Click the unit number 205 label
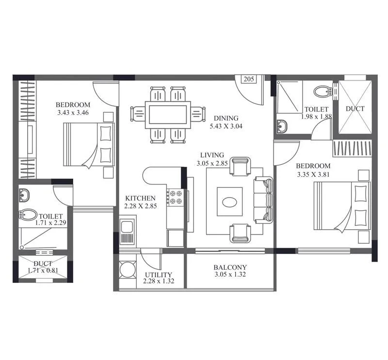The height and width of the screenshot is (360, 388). point(249,79)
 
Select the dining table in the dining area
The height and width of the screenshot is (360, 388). point(168,115)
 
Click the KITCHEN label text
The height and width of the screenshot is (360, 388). point(140,198)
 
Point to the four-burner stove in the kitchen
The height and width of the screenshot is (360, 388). point(175,198)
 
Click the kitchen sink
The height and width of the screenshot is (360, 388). point(128,232)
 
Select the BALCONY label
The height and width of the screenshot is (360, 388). point(230,267)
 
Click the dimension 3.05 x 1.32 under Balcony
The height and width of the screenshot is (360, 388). point(230,275)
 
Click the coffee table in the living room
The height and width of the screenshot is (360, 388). point(229,201)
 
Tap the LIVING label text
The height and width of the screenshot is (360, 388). point(212,155)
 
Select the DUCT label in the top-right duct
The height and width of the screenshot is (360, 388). point(355,109)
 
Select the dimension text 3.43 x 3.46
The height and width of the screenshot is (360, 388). point(73,113)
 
